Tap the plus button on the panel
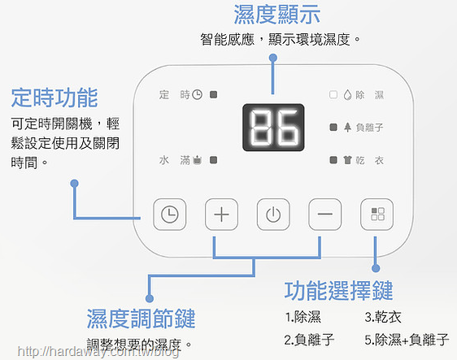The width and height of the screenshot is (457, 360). point(221,215)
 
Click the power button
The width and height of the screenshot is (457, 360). point(273,215)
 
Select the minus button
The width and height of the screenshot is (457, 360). point(325,215)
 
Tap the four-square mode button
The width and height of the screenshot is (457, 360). point(376,215)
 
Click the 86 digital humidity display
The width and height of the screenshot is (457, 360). point(273,128)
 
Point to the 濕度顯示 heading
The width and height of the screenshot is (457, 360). point(276,15)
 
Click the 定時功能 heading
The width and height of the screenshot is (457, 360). point(54,98)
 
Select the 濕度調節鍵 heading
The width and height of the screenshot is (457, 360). point(141,319)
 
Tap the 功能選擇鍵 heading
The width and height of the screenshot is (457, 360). point(338,291)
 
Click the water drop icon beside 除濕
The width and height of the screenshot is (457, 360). point(347,94)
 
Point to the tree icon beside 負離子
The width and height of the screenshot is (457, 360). point(347,128)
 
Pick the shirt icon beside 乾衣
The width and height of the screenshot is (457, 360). point(347,160)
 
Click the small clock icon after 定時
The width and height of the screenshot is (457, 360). point(198,94)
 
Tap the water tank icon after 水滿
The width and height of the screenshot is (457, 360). point(198,160)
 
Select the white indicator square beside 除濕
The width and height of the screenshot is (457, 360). point(333,94)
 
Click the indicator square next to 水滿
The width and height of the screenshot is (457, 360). point(214,160)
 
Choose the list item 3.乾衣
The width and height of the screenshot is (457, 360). point(383,317)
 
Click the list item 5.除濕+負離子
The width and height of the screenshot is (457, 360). point(407,340)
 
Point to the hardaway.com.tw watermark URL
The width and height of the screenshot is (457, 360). point(98,352)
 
